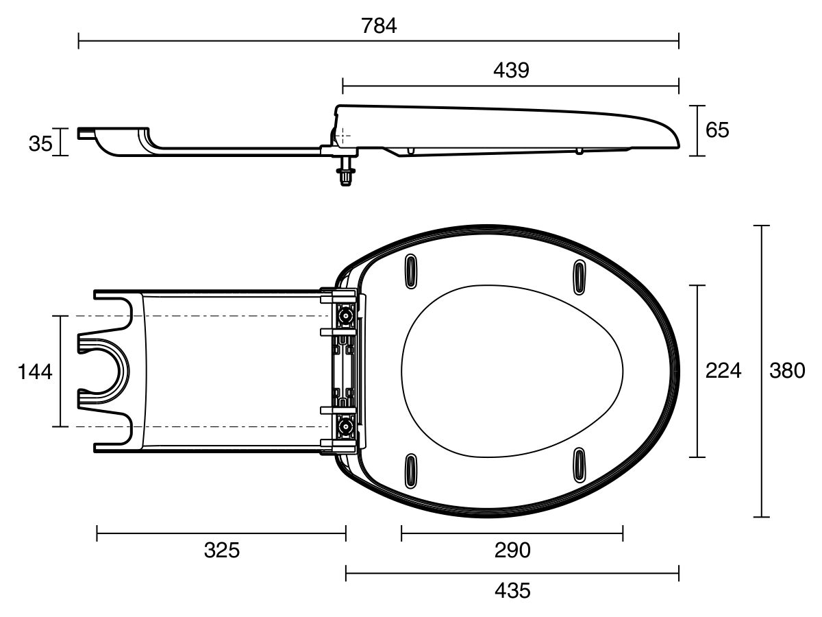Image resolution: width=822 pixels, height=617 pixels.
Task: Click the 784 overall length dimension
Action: coord(379,26)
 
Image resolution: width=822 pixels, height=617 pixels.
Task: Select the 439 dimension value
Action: coord(510,70)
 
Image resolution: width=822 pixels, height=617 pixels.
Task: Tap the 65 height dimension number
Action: coord(717,130)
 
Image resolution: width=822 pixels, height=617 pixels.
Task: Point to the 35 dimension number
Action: coord(40,143)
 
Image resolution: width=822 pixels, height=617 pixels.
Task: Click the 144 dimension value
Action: coord(34,372)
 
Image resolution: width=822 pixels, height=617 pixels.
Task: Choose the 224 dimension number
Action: coord(723,371)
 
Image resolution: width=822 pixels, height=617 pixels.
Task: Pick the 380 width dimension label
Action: coord(787,371)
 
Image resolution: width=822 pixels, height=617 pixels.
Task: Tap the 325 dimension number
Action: coord(222,550)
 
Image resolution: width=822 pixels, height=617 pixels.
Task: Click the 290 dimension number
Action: coord(512,550)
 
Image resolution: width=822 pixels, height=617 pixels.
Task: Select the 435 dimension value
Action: coord(512,590)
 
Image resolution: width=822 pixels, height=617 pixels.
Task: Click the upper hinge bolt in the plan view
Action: coord(347,316)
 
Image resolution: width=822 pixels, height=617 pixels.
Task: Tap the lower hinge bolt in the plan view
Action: coord(347,427)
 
